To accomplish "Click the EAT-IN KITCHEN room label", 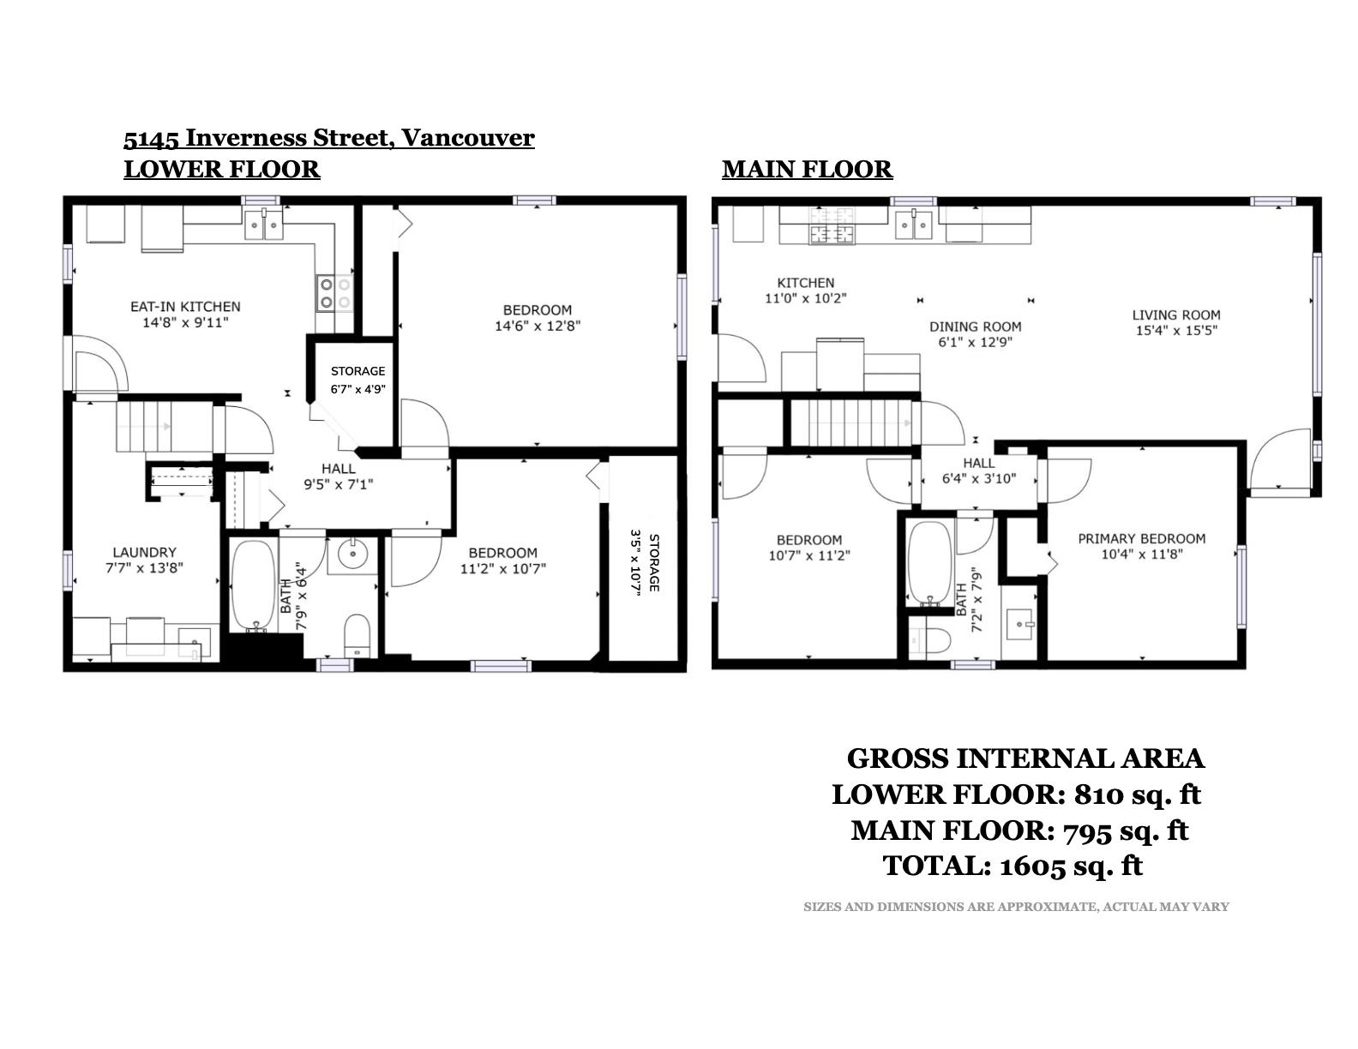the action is (x=185, y=306).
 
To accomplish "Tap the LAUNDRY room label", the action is (x=144, y=552).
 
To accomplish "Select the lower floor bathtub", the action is (x=253, y=585).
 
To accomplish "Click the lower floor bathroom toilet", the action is (x=357, y=636).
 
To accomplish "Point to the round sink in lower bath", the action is (x=353, y=554).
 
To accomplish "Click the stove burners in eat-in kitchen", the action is (x=335, y=294).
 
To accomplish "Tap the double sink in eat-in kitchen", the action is (x=263, y=225).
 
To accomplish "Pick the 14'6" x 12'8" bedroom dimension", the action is (x=538, y=326).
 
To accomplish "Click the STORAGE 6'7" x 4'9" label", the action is (x=358, y=380).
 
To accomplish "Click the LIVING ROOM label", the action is (x=1176, y=315).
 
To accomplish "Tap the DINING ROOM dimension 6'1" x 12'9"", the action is (x=975, y=342).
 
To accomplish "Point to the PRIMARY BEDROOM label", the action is (x=1141, y=538).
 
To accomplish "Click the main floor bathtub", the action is (x=929, y=563).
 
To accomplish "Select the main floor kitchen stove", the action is (x=832, y=225).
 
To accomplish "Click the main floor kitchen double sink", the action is (x=914, y=225).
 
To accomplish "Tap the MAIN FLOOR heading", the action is (x=807, y=170).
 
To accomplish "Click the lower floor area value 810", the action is (x=1101, y=794).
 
